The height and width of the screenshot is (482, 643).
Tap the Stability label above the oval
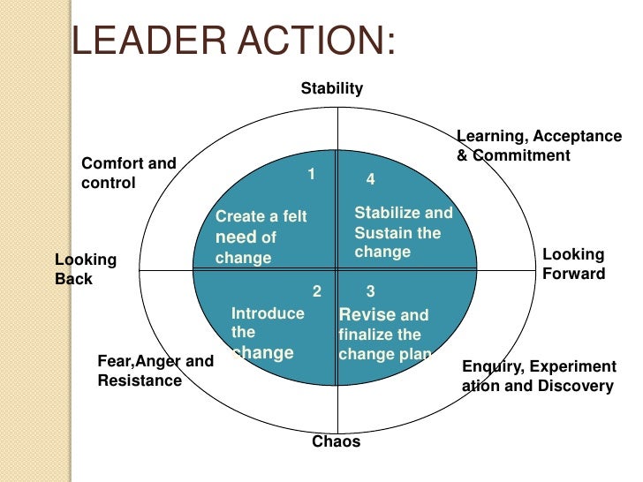(332, 88)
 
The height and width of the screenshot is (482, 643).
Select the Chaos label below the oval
(337, 441)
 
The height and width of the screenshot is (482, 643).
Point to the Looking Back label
(86, 269)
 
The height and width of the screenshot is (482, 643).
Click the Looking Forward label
(573, 264)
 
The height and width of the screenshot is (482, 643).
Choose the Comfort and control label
(129, 173)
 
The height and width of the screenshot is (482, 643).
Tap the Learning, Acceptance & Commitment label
(539, 146)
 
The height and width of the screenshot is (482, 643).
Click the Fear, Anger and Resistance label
(155, 371)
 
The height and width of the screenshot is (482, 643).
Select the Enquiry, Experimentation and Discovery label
(539, 376)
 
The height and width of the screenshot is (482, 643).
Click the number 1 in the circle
(311, 173)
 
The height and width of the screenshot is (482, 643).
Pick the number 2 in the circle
(316, 290)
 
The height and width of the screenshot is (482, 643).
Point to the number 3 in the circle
(370, 290)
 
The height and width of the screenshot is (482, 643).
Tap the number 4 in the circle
(370, 179)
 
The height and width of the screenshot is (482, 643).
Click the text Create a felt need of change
(261, 237)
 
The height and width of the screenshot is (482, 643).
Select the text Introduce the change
(267, 333)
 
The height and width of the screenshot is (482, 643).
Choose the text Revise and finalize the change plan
(384, 335)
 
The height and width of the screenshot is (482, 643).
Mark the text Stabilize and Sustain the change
(403, 232)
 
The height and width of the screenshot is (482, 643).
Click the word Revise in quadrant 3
(361, 315)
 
